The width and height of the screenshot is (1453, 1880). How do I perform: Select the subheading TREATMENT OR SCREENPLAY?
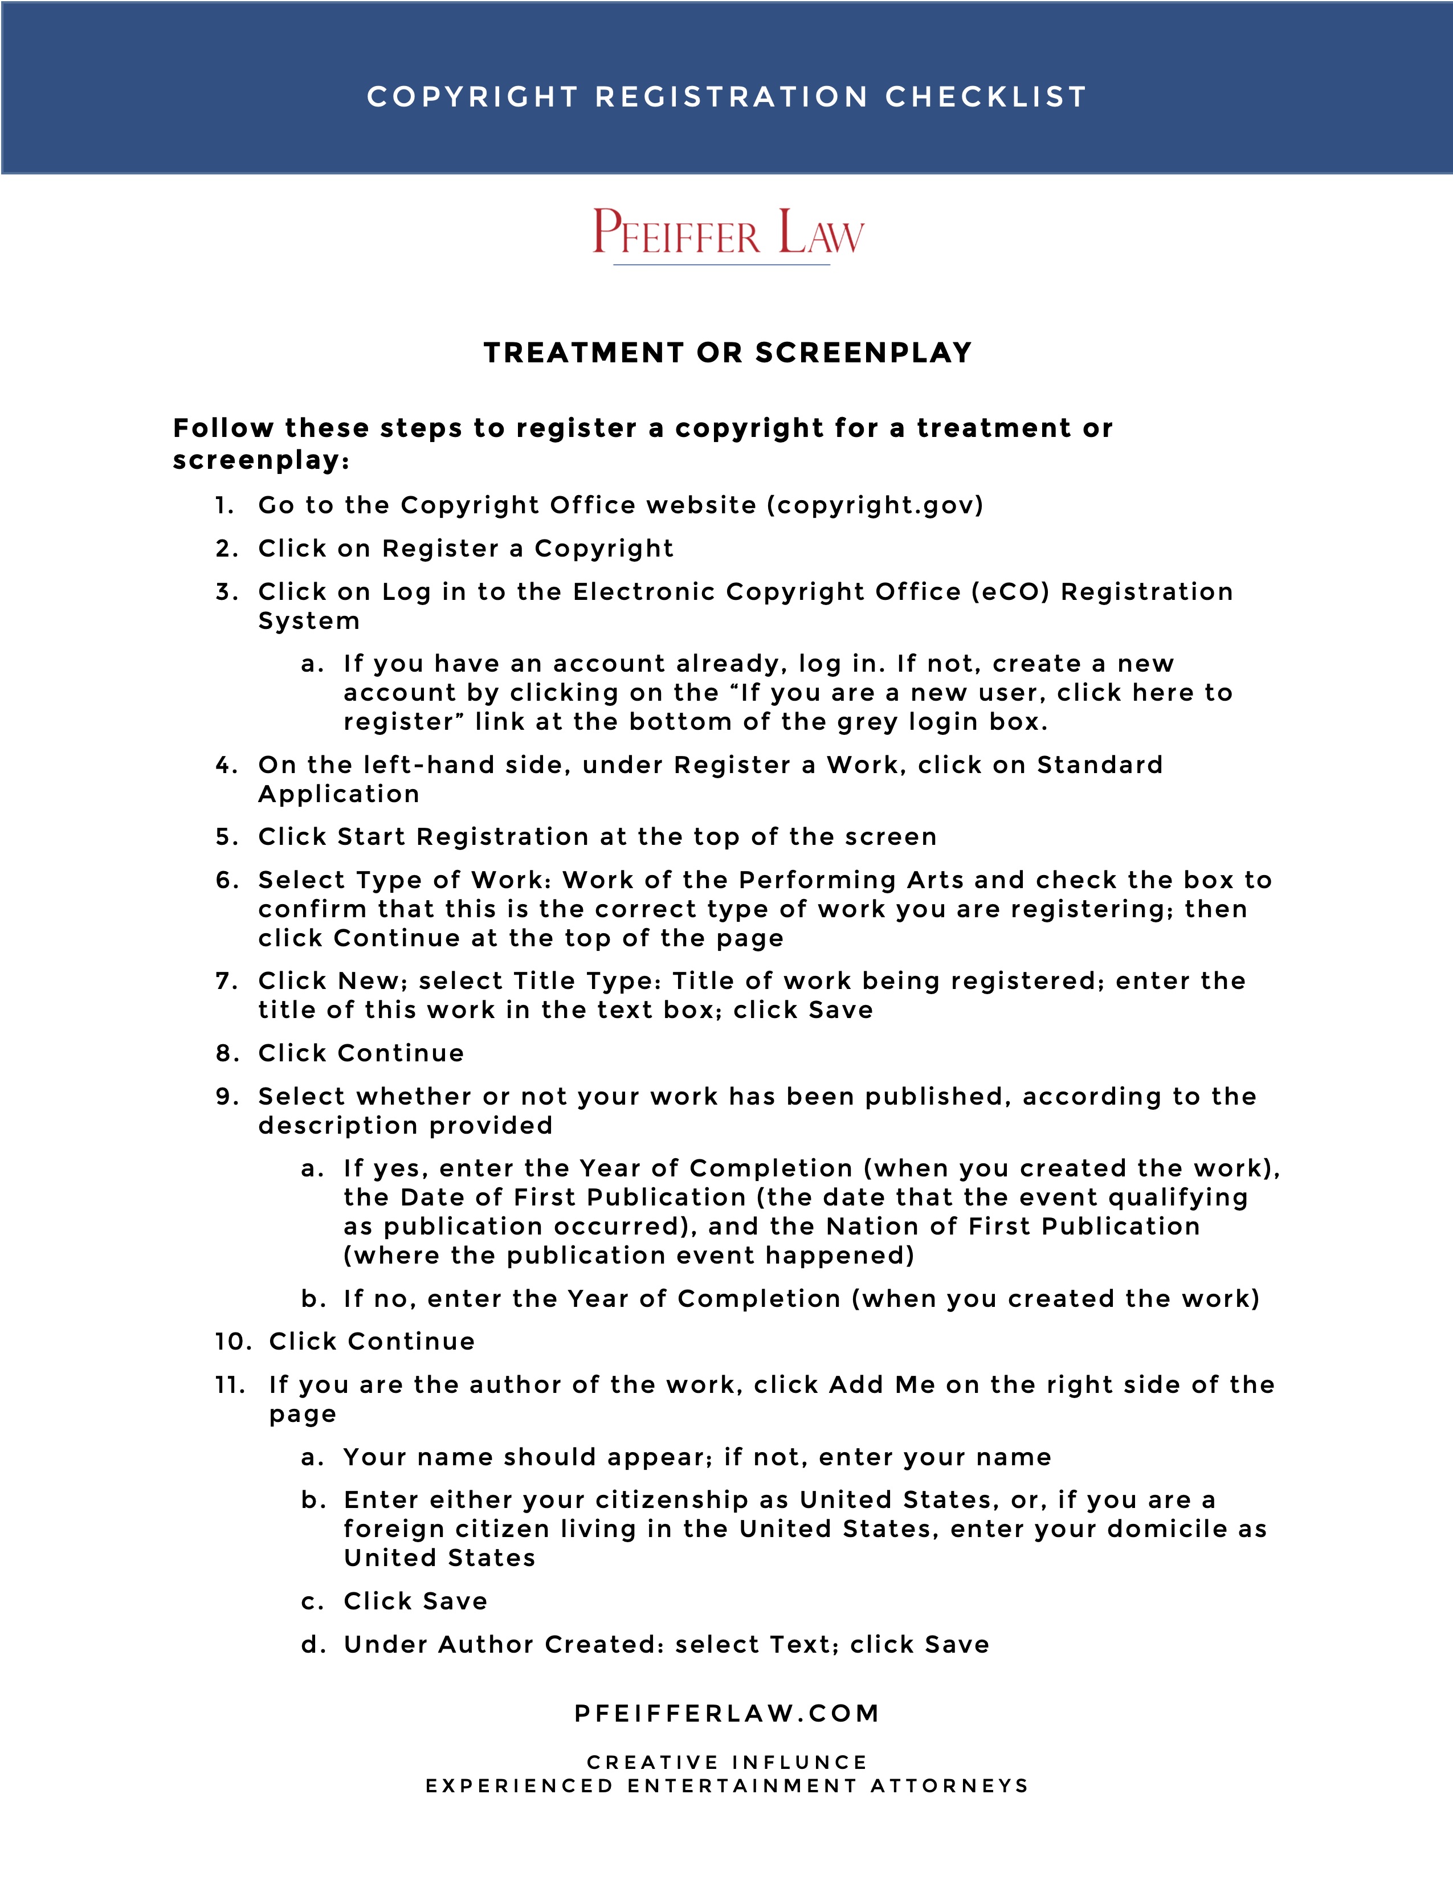click(728, 353)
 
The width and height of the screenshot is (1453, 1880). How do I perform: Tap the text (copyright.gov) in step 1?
click(875, 505)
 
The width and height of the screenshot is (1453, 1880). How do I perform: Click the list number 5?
click(226, 837)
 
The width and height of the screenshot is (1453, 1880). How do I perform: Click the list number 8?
click(226, 1053)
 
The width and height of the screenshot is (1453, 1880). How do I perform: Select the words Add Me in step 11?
click(881, 1385)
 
